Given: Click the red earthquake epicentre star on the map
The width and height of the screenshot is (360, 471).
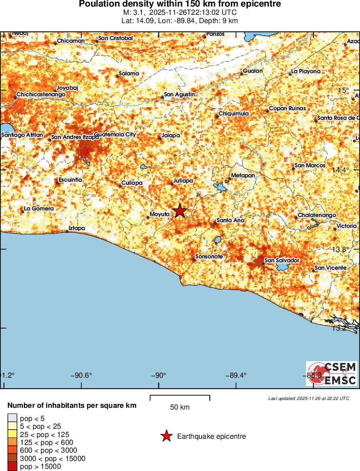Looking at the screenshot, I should (x=180, y=211).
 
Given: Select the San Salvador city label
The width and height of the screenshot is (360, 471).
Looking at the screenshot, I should (x=282, y=260).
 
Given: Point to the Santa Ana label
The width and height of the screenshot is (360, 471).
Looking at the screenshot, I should (x=230, y=220).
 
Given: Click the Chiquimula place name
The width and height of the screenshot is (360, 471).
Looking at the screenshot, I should (x=233, y=114).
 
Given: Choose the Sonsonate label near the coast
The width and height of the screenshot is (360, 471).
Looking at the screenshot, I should (x=209, y=257).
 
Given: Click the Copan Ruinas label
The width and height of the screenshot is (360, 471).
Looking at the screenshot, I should (x=287, y=108).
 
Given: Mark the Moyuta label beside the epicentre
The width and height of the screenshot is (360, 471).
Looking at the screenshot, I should (x=159, y=214).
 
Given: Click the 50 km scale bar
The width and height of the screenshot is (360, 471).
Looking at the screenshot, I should (x=180, y=398).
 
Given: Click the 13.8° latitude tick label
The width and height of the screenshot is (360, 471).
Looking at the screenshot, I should (x=340, y=249).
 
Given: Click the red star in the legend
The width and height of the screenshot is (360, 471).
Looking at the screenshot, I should (x=166, y=436).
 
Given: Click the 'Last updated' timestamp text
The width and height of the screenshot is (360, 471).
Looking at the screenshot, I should (x=309, y=398).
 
